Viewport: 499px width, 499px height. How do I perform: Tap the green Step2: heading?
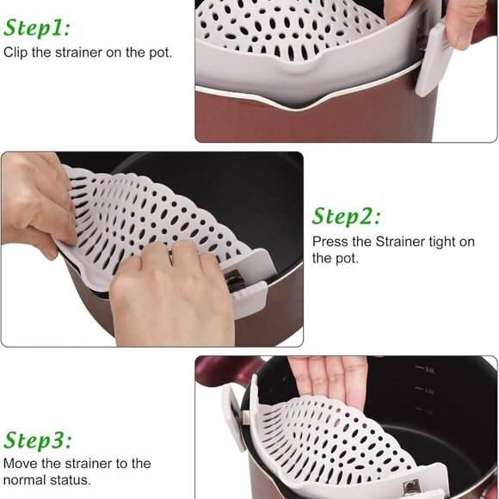click(x=346, y=215)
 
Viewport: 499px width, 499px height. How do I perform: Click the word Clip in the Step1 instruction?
click(x=17, y=52)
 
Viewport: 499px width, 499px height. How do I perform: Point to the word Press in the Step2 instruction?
click(x=330, y=242)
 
